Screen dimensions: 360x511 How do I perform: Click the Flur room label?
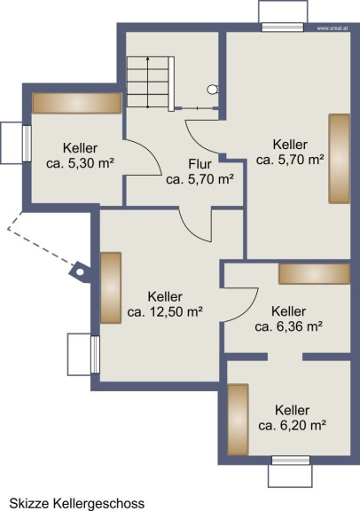(x=200, y=164)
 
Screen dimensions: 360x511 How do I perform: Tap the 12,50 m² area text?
(x=165, y=312)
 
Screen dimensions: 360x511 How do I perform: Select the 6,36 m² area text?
(x=289, y=326)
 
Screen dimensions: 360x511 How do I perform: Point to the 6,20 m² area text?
(x=293, y=425)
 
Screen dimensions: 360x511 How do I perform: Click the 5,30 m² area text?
(x=80, y=163)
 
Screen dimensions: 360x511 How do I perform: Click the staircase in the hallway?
(x=151, y=83)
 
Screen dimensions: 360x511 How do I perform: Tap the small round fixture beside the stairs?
(x=213, y=90)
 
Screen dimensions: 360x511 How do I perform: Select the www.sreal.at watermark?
(x=333, y=28)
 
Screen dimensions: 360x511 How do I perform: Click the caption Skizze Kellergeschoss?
(x=77, y=503)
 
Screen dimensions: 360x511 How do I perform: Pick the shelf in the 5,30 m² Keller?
(x=77, y=103)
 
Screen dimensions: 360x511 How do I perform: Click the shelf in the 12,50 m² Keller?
(x=111, y=287)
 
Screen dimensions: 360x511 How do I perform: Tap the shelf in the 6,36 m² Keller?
(x=315, y=274)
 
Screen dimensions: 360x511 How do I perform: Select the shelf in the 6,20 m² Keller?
(x=238, y=420)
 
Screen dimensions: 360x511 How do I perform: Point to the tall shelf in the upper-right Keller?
(x=339, y=159)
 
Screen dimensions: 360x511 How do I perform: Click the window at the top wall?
(x=283, y=27)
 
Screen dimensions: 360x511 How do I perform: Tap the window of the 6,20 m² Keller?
(x=291, y=460)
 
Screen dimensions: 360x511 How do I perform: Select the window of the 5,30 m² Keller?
(x=27, y=144)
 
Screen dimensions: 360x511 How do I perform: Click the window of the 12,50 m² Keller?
(x=95, y=355)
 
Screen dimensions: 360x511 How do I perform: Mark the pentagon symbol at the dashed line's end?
(x=79, y=271)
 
